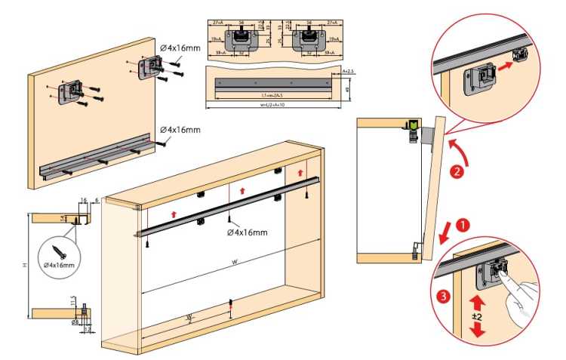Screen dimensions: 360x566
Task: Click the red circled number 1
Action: [x=464, y=224]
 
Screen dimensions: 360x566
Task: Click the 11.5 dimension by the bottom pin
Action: [x=72, y=302]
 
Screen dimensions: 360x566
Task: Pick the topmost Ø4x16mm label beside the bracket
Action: [x=180, y=48]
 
